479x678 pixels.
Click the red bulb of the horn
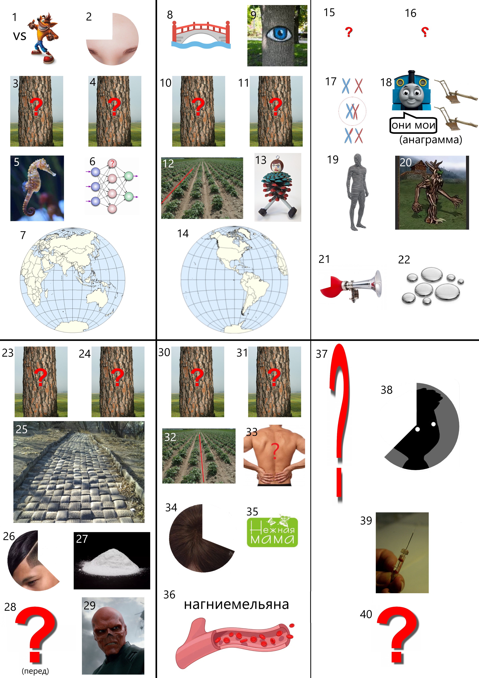(x=331, y=286)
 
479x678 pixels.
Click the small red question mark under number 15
(x=349, y=32)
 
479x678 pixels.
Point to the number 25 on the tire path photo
(x=22, y=429)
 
